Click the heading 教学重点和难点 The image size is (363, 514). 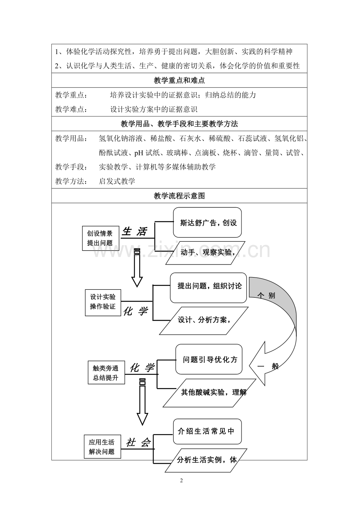click(179, 81)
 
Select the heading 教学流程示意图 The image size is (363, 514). click(179, 196)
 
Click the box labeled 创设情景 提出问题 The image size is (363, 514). click(101, 238)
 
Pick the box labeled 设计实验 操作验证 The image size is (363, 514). click(103, 303)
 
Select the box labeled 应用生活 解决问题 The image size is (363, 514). click(102, 446)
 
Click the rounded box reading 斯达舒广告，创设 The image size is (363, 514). click(207, 222)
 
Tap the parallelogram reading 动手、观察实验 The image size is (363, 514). click(205, 253)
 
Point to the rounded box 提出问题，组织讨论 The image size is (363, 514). click(208, 288)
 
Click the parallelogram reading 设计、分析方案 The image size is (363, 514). click(204, 321)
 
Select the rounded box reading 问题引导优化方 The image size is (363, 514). click(209, 359)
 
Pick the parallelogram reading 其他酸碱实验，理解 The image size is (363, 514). click(210, 393)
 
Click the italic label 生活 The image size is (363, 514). click(135, 231)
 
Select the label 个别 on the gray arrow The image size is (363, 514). click(266, 295)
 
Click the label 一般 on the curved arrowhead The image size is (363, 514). click(268, 366)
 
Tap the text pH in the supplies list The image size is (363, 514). click(139, 153)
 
